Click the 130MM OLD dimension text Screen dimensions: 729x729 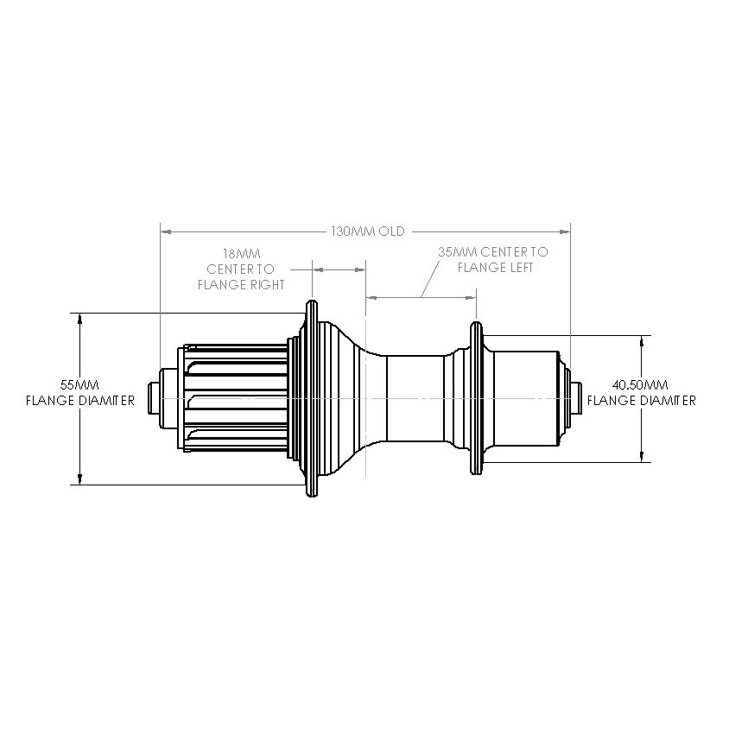368,231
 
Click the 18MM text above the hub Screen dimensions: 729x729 241,254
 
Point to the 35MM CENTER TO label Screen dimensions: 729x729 492,252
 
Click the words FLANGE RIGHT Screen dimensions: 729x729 241,283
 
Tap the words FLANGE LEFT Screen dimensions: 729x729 496,267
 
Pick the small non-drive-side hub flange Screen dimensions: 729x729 474,398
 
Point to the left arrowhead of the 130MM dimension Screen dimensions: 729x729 167,231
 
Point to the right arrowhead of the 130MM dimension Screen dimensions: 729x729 565,231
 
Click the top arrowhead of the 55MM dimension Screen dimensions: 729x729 79,318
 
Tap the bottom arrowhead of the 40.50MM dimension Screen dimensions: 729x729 641,457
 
